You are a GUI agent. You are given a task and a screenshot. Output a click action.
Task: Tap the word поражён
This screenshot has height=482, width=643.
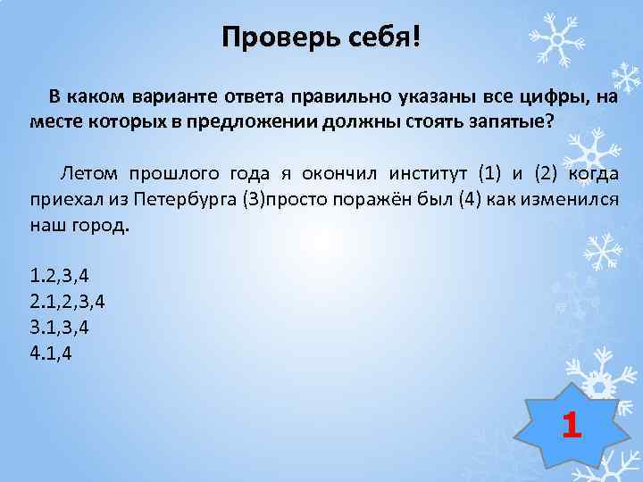point(372,197)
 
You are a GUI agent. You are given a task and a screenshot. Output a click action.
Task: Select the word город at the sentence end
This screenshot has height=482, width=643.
point(104,222)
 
